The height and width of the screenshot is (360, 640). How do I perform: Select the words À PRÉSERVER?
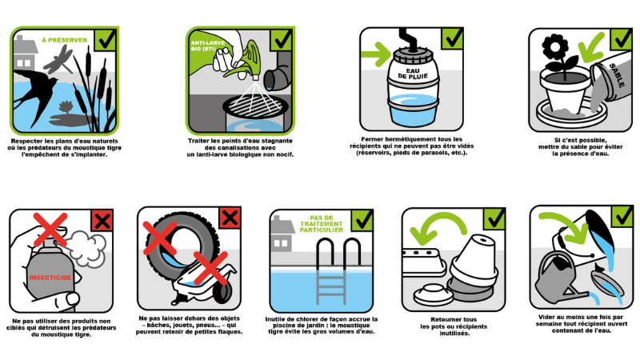pyautogui.click(x=65, y=40)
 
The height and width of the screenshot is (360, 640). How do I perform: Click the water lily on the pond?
pyautogui.click(x=66, y=108)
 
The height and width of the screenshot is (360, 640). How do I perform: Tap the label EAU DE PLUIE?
pyautogui.click(x=413, y=74)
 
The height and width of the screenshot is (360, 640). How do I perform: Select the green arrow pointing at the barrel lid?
pyautogui.click(x=376, y=54)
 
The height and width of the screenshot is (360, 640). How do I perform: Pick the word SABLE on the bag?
pyautogui.click(x=616, y=75)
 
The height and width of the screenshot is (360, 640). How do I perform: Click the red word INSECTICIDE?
pyautogui.click(x=50, y=278)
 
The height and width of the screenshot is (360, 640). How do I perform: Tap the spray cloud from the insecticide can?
pyautogui.click(x=86, y=247)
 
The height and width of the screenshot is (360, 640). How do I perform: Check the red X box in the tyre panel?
pyautogui.click(x=230, y=218)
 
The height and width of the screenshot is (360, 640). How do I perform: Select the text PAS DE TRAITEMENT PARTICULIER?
pyautogui.click(x=322, y=224)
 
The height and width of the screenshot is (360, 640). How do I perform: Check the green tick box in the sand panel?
pyautogui.click(x=622, y=39)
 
